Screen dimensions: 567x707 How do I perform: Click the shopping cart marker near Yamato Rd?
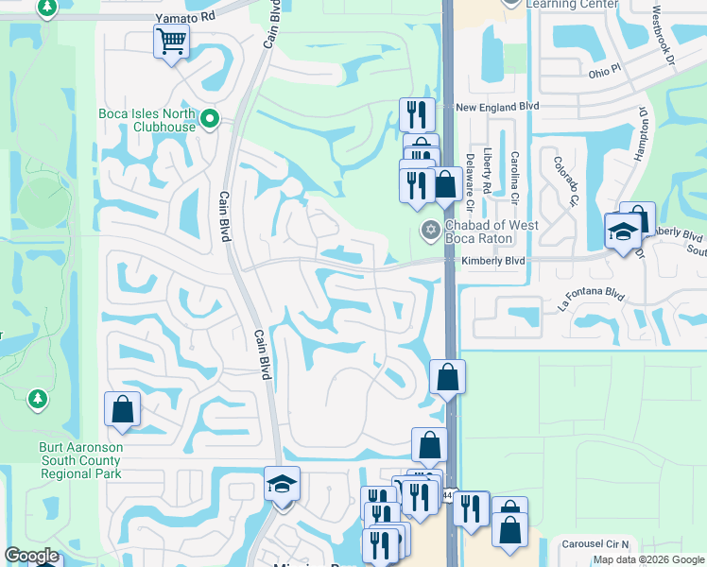171,41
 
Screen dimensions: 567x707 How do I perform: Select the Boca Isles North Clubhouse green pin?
213,120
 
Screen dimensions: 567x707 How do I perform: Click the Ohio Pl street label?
601,71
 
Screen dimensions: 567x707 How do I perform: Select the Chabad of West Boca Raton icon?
429,229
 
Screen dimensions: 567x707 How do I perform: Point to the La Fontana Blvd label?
592,297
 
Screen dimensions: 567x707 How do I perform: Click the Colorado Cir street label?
566,180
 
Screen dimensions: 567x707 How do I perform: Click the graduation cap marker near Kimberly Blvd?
623,232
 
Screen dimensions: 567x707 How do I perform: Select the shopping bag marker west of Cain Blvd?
122,409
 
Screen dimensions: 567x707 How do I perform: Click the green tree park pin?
37,400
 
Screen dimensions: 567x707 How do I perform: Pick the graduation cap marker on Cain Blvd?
282,483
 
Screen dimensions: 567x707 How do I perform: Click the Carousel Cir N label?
595,545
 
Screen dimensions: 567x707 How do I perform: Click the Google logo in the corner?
31,556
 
